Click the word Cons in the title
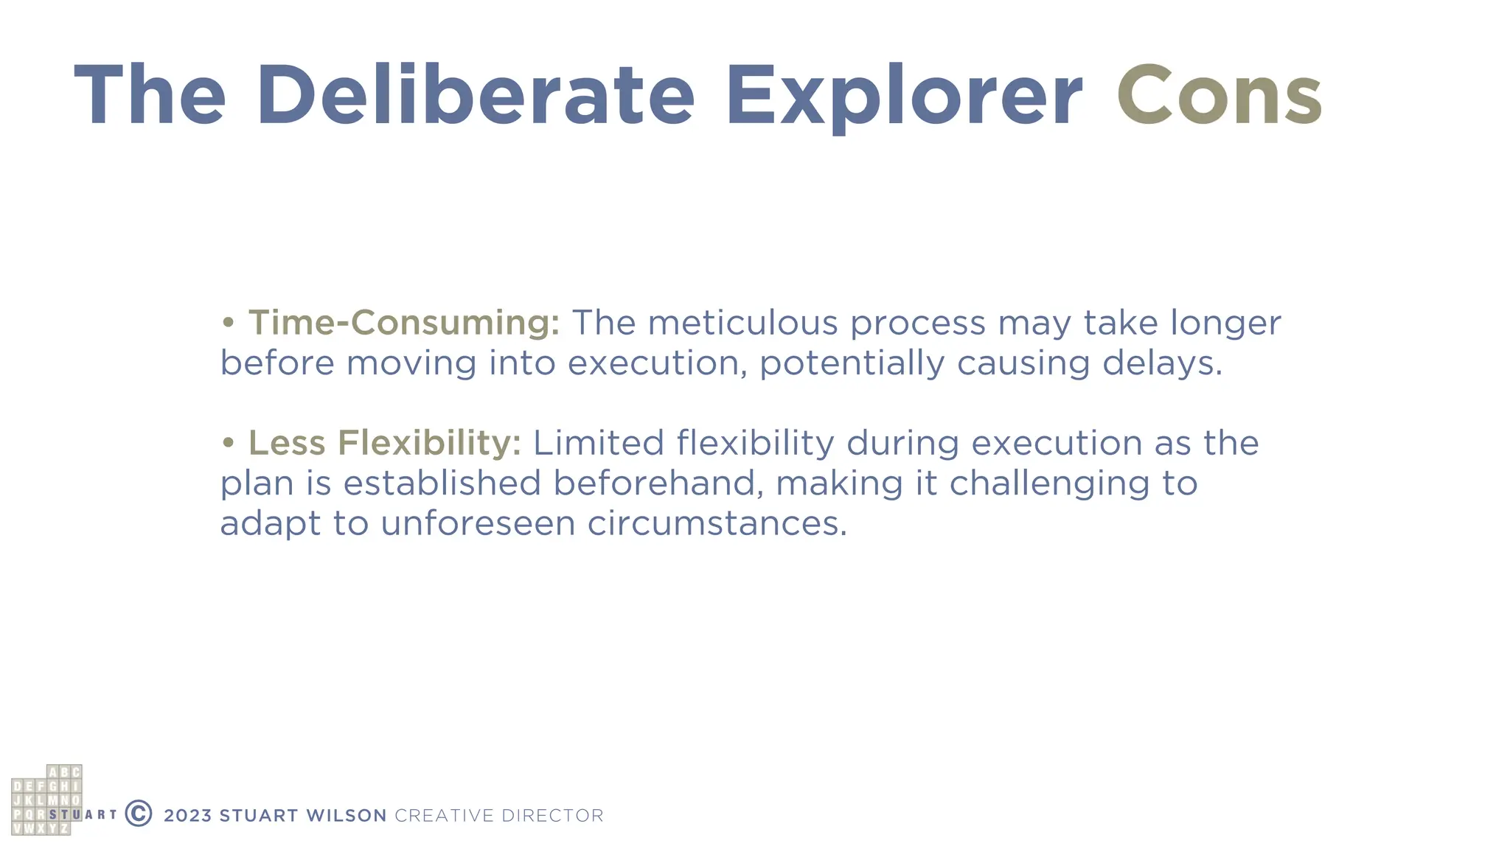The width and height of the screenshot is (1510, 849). tap(1219, 96)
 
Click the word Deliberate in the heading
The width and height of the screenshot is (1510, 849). tap(476, 96)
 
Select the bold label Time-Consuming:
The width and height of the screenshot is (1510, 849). tap(404, 323)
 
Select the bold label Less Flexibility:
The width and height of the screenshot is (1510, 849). tap(384, 443)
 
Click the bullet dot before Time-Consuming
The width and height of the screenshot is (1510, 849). tap(229, 323)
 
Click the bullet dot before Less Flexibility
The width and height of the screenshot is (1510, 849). tap(229, 443)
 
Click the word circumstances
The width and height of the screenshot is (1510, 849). tap(717, 524)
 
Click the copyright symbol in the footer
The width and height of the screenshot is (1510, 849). tap(139, 814)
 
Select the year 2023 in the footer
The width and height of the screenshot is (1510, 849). tap(187, 816)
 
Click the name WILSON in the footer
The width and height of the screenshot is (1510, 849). tap(346, 816)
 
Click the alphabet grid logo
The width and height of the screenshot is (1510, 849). tap(46, 800)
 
